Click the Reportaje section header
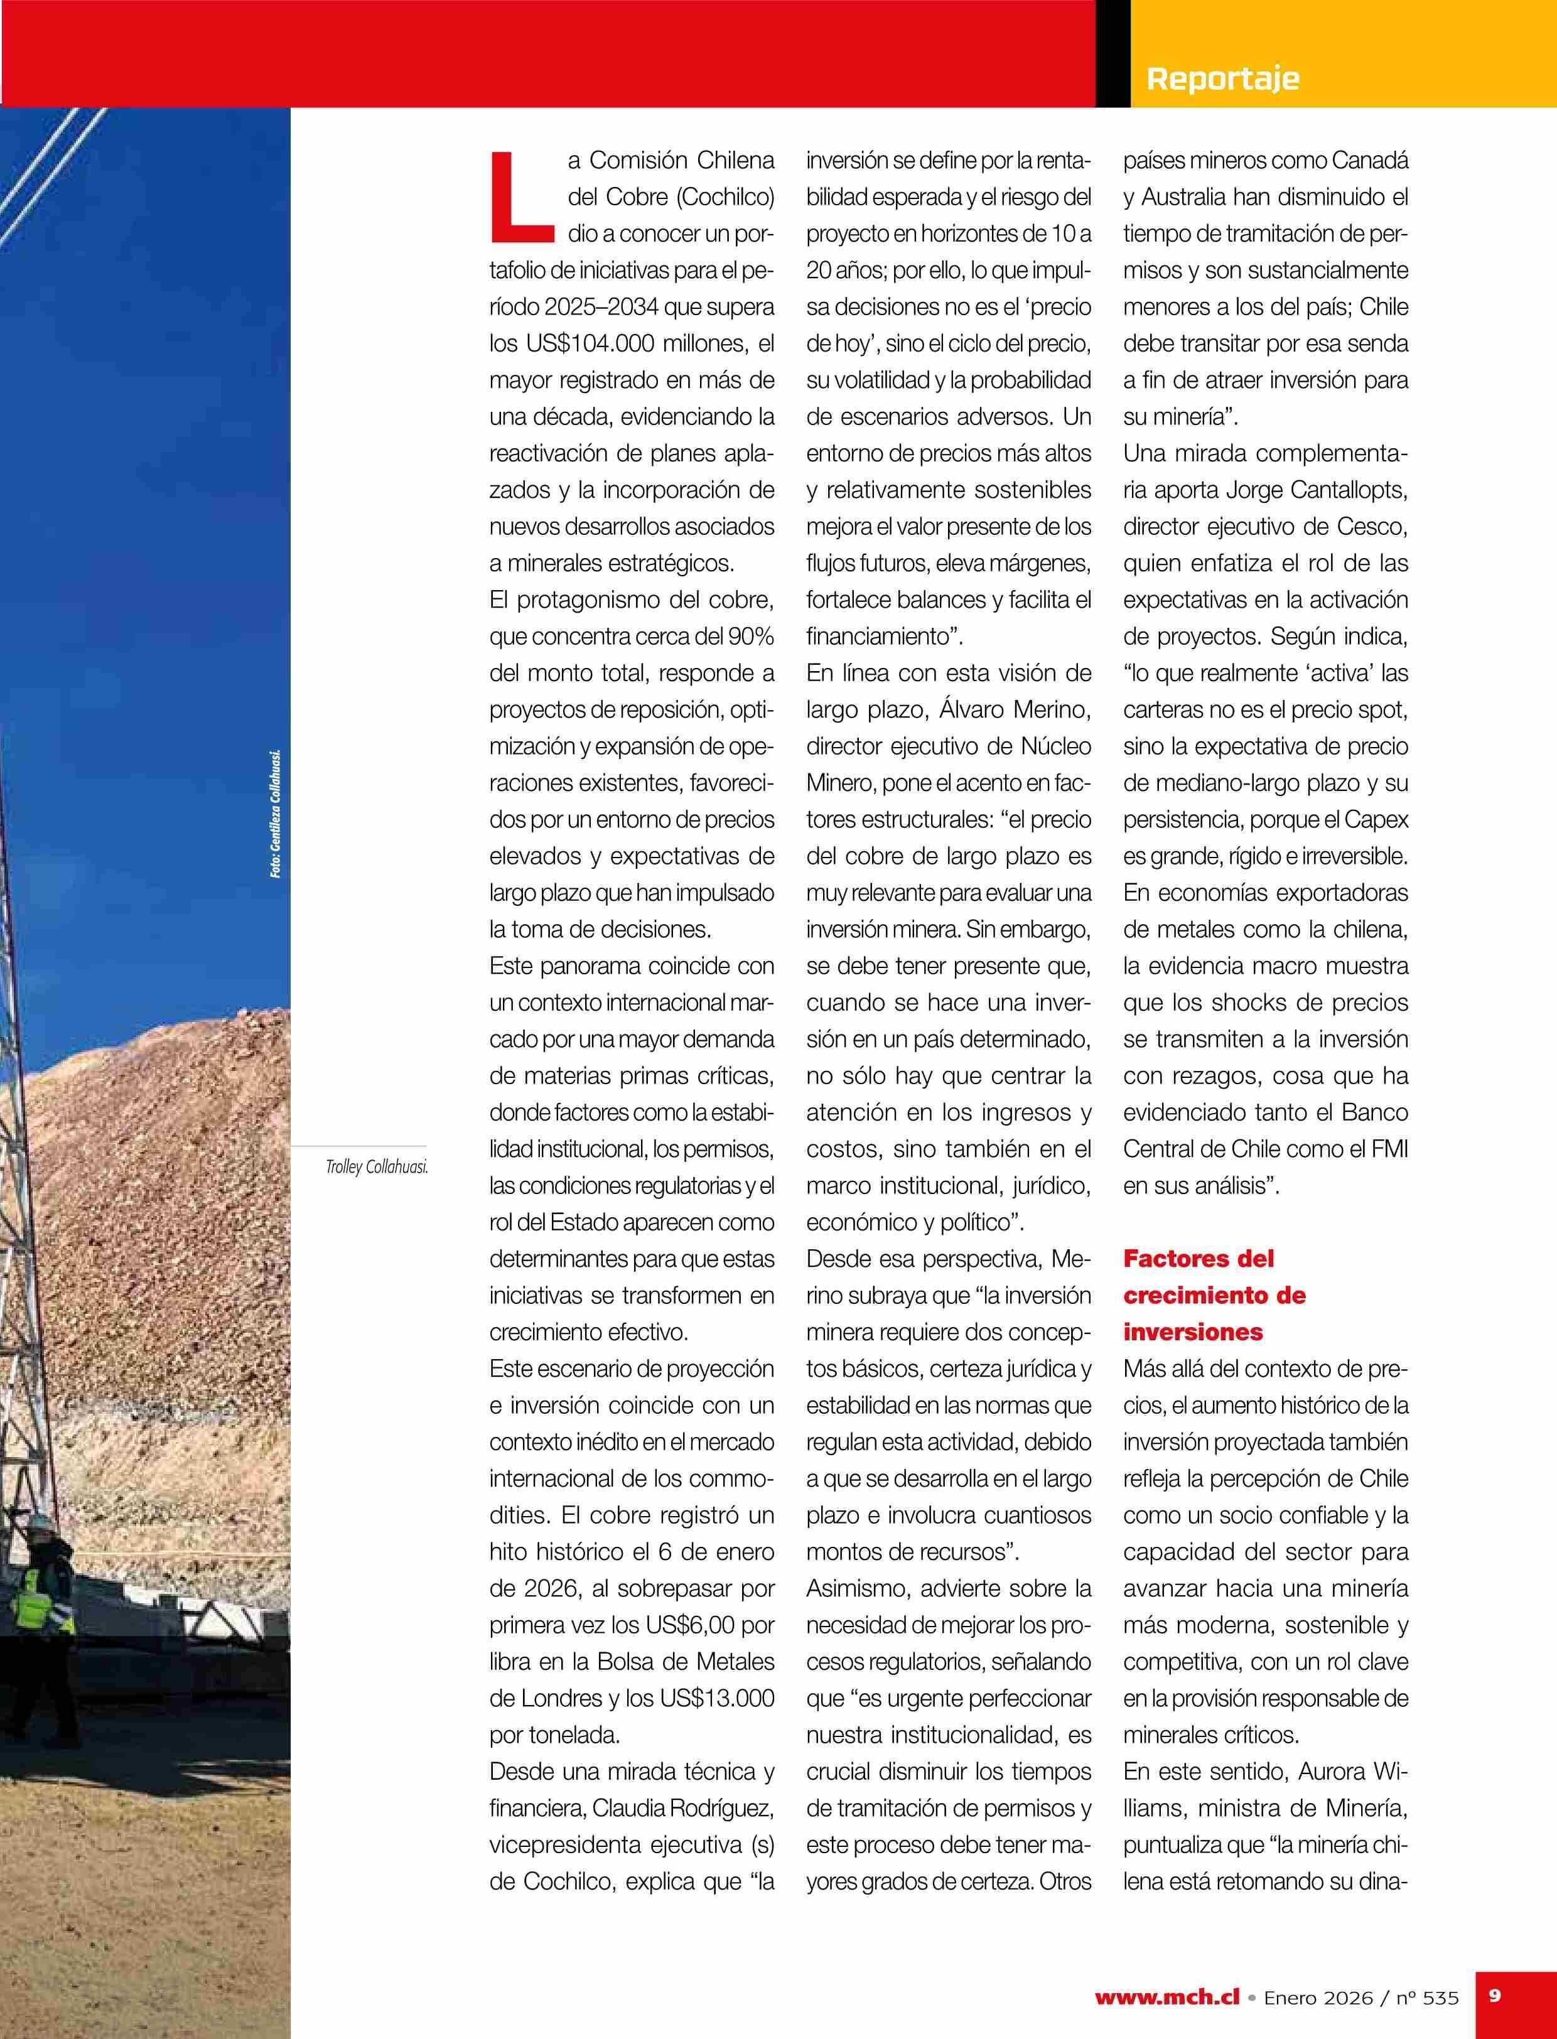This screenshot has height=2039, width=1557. tap(1222, 78)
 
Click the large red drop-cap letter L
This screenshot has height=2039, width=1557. tap(519, 193)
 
